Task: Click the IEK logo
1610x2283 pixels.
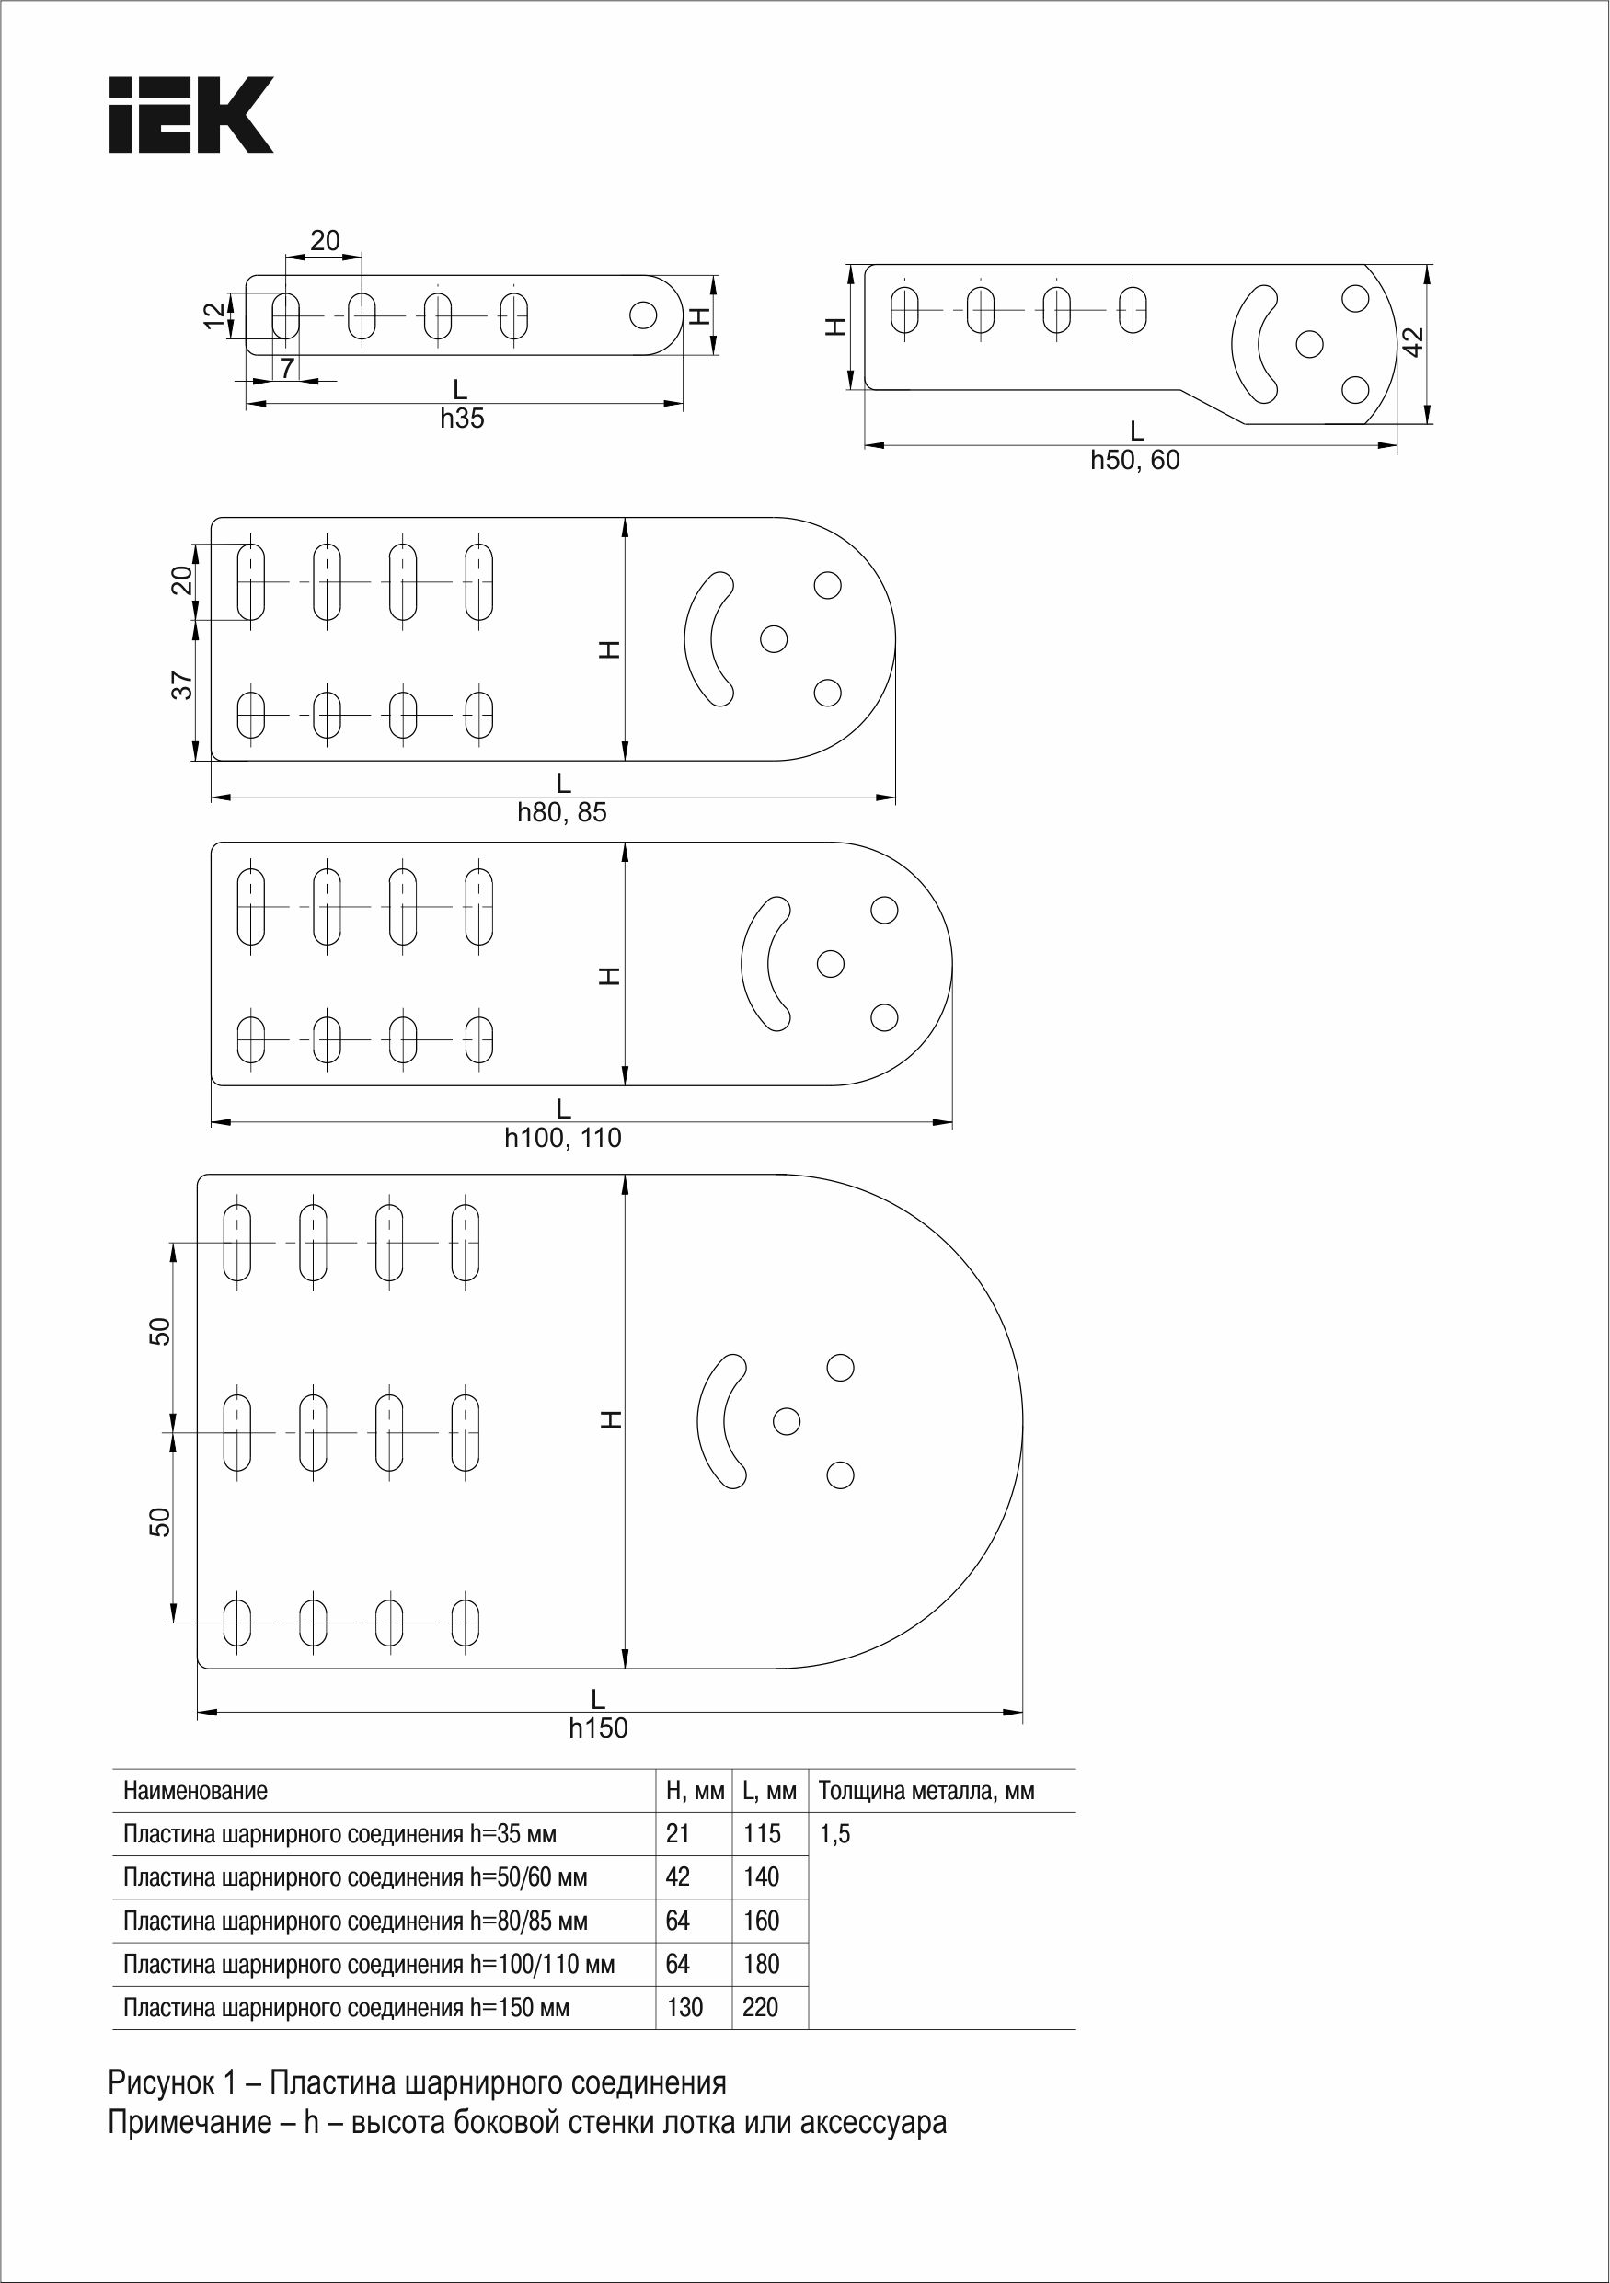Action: coord(191,114)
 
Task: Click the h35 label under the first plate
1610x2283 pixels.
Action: coord(463,419)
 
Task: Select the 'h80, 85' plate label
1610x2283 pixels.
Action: coord(562,812)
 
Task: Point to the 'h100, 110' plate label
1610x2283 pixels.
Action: coord(563,1138)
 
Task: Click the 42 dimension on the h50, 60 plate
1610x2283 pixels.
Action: coord(1412,343)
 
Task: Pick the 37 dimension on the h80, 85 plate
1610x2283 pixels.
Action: coord(182,685)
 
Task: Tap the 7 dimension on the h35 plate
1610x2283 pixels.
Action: coord(286,369)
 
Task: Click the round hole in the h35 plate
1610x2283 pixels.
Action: coord(643,315)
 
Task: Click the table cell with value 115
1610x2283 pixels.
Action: coord(762,1833)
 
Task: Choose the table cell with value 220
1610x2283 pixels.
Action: coord(761,2006)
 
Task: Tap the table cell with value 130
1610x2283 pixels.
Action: coord(684,2006)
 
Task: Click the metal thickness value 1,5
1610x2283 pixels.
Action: coord(834,1834)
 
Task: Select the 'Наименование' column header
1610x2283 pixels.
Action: coord(195,1791)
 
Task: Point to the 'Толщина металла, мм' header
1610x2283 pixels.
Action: coord(926,1791)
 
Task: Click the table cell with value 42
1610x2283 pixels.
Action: coord(677,1876)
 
